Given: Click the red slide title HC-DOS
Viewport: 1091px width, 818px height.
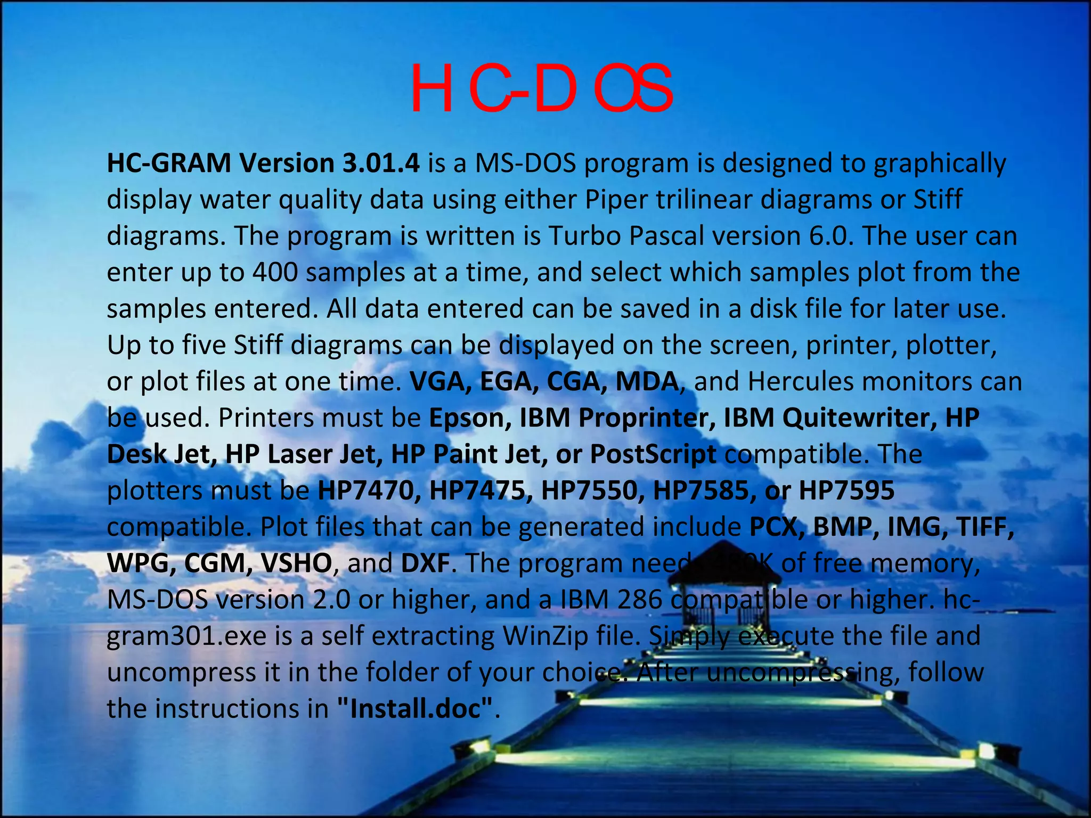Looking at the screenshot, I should [x=541, y=89].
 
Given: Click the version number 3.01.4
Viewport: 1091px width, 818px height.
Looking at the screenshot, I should [x=381, y=163].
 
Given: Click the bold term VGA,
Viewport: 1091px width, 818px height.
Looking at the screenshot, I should [x=440, y=382].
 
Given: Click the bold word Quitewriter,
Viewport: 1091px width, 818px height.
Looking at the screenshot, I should [x=859, y=418].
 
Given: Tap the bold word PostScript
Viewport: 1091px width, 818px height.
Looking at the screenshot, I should [x=653, y=454].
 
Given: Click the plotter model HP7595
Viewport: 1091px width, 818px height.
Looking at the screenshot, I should [x=846, y=490].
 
